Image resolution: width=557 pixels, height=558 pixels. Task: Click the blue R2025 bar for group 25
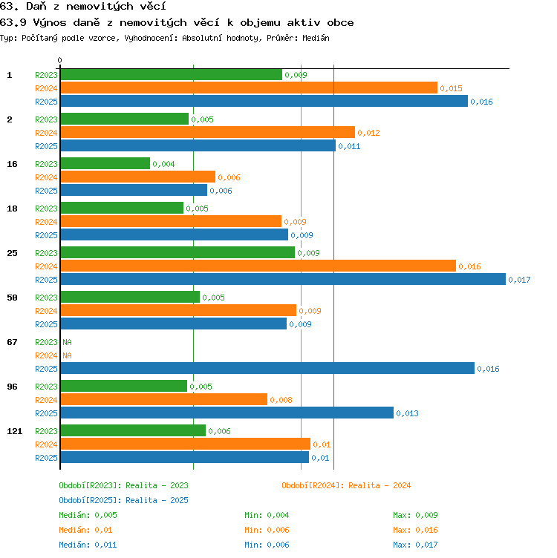(283, 279)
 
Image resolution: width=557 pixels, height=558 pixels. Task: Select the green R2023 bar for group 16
(105, 163)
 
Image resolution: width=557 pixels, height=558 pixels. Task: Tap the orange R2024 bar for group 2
(208, 132)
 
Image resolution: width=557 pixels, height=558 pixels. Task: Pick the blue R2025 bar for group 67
(267, 368)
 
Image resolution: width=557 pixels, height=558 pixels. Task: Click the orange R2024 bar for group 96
(164, 399)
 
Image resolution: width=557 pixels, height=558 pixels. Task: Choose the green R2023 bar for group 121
(133, 430)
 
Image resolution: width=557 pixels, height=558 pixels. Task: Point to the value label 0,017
(519, 280)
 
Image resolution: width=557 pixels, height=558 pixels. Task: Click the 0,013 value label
(408, 413)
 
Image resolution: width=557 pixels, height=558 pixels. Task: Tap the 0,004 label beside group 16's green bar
(164, 164)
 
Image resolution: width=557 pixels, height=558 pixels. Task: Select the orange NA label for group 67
(67, 355)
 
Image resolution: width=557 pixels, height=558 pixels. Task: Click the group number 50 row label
(12, 298)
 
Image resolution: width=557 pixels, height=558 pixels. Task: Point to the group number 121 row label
(15, 431)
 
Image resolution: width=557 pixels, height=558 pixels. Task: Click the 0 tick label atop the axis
(60, 60)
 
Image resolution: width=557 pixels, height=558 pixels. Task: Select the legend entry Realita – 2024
(380, 485)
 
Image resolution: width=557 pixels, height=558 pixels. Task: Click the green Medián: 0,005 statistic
(88, 515)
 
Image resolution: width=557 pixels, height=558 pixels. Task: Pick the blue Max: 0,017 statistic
(415, 545)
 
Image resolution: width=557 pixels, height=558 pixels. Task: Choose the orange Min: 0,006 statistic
(267, 530)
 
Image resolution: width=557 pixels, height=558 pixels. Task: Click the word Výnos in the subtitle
(50, 23)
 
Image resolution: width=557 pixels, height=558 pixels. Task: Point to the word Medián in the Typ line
(316, 38)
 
